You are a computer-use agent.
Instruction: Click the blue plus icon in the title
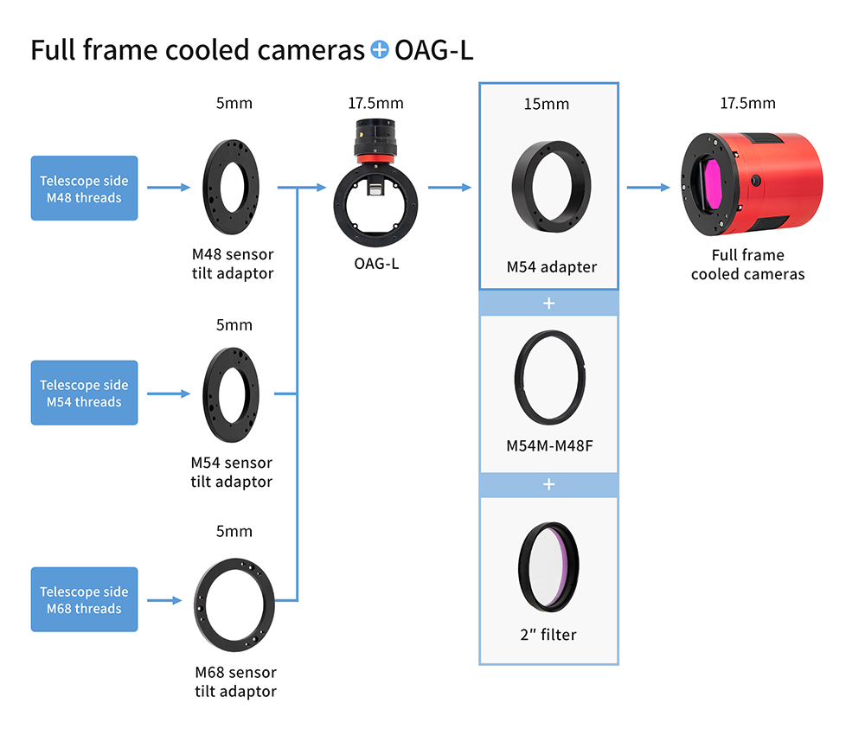coord(380,49)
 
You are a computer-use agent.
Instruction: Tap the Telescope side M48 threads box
coord(85,188)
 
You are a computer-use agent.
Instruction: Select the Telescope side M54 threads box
coord(85,393)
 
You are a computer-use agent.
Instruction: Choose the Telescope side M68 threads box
coord(85,599)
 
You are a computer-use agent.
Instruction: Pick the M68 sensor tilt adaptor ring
coord(202,605)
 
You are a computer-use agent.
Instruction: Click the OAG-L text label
coord(376,264)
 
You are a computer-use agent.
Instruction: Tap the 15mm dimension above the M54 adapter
coord(546,105)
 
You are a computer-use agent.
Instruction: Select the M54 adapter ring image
coord(522,187)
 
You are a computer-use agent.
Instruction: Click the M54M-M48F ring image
coord(520,378)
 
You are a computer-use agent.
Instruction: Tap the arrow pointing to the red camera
coord(648,188)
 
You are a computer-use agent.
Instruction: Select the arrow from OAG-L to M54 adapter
coord(450,188)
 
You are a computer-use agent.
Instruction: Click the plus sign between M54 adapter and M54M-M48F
coord(549,304)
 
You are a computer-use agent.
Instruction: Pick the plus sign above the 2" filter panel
coord(549,485)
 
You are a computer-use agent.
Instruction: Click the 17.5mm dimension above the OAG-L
coord(375,103)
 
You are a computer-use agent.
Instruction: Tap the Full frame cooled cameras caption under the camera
coord(747,265)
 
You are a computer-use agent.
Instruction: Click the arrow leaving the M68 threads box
coord(164,600)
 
